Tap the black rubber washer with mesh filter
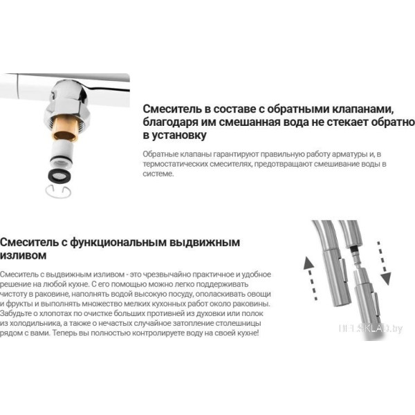pyautogui.click(x=62, y=176)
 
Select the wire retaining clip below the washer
pyautogui.click(x=58, y=192)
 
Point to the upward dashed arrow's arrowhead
pyautogui.click(x=308, y=264)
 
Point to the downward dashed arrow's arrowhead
pyautogui.click(x=386, y=279)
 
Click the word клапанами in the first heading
pyautogui.click(x=363, y=109)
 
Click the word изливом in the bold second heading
pyautogui.click(x=24, y=256)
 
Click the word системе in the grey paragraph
pyautogui.click(x=158, y=174)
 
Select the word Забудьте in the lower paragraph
pyautogui.click(x=18, y=313)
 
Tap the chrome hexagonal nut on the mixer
pyautogui.click(x=66, y=105)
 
